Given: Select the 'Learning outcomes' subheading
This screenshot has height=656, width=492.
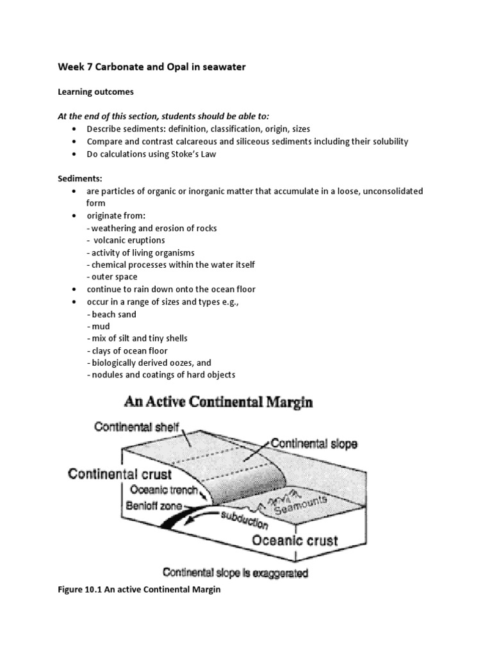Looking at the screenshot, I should click(96, 92).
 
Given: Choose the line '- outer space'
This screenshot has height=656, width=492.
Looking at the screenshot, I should click(111, 277).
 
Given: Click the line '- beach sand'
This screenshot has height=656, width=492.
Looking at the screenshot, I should click(111, 314).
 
